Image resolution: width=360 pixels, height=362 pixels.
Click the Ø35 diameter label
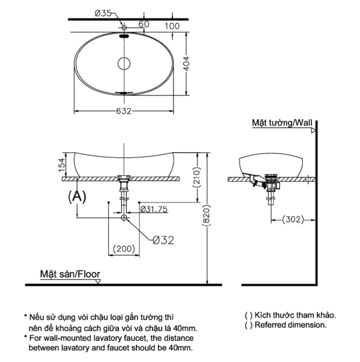(x=103, y=13)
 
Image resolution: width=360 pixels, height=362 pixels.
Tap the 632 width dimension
(x=124, y=111)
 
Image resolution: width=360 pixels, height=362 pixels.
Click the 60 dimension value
(x=143, y=23)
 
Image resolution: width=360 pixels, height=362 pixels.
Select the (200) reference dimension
(x=124, y=248)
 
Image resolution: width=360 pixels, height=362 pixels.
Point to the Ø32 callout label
(x=162, y=240)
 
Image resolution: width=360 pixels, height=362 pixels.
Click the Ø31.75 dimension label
(x=153, y=208)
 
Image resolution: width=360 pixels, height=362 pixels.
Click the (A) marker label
(x=77, y=196)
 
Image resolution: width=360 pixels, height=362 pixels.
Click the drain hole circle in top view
(x=124, y=63)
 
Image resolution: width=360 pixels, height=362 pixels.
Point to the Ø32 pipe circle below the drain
(x=124, y=217)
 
